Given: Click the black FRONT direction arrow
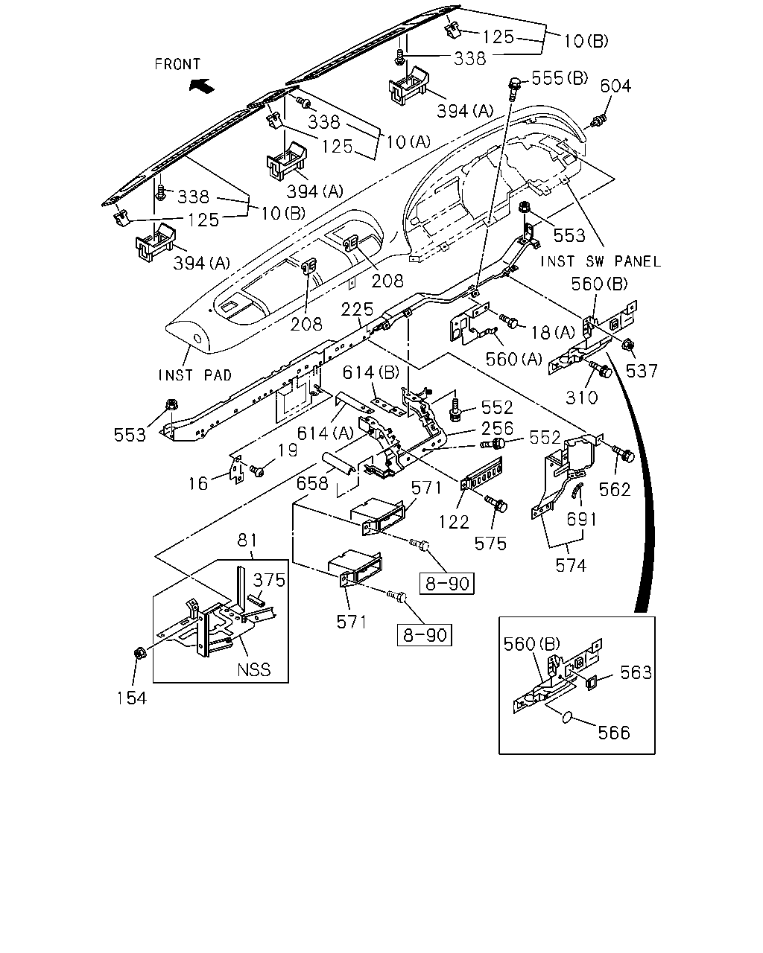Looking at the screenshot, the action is pos(202,85).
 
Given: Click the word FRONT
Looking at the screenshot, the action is pos(177,65).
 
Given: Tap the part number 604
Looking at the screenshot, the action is pos(615,86).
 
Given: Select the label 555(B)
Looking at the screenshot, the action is pos(560,78).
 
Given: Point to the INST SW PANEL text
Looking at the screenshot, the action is pos(601,261).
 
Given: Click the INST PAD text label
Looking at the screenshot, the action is pos(195,375).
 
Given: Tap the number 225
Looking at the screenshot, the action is pos(357,309).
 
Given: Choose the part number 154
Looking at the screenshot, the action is pos(132,698).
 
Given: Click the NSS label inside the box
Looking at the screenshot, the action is pos(253,669).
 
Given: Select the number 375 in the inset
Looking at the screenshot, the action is pos(269,580).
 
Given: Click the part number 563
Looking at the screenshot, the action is pos(636,672).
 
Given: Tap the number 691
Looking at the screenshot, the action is pos(582,519).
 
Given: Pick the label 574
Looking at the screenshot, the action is pos(571,566).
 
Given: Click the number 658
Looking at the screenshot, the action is pos(312,483).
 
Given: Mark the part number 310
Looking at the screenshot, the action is pos(582,398).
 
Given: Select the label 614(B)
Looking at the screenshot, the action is pos(370,373).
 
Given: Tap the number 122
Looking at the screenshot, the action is pos(454,523).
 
